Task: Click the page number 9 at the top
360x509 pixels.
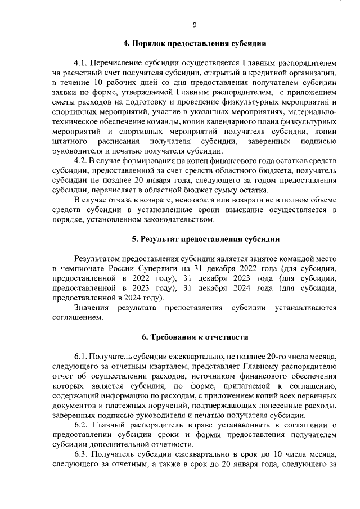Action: tap(194, 25)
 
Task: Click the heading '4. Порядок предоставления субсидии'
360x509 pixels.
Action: tap(195, 43)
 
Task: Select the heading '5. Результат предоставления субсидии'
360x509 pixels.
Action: tap(206, 239)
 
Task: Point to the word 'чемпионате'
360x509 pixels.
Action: tap(83, 268)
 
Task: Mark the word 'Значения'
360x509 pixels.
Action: tap(92, 308)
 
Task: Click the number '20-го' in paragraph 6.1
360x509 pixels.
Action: tap(264, 357)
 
